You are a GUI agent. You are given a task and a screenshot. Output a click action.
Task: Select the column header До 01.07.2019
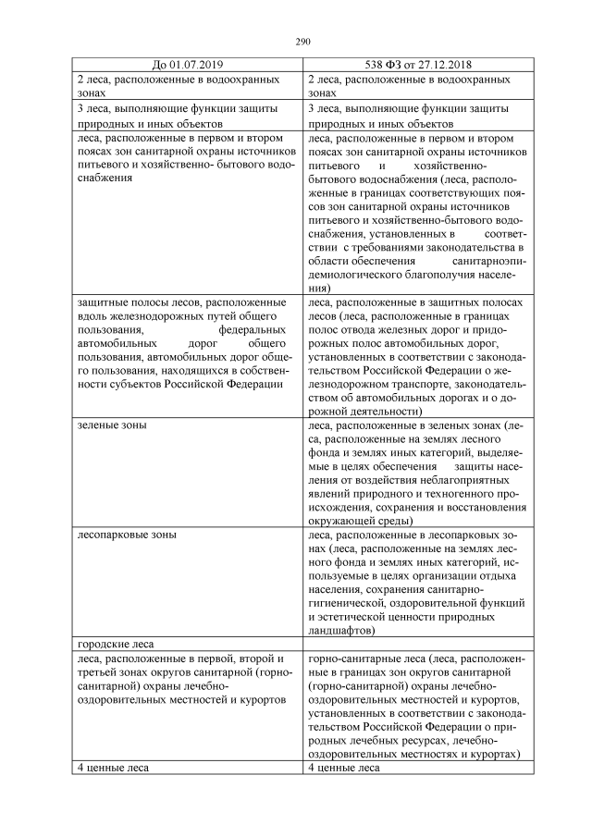(x=186, y=64)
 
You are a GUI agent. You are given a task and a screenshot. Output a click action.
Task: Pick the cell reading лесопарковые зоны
(x=125, y=535)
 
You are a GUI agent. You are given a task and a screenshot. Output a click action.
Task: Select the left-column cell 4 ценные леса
(x=112, y=768)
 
